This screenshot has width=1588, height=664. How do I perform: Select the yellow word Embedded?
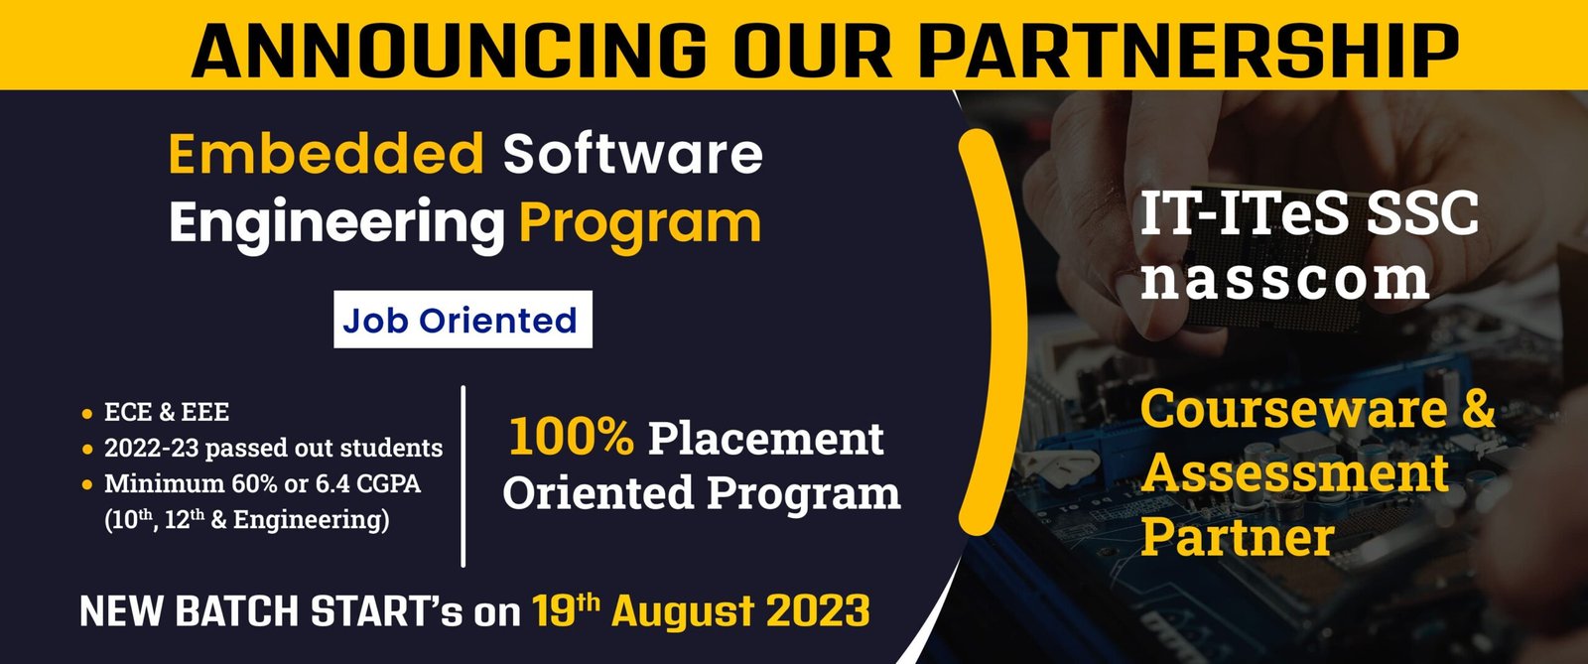(327, 154)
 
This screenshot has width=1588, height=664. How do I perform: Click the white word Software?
(632, 154)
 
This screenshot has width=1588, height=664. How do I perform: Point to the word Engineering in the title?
(336, 223)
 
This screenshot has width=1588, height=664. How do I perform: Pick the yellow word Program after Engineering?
(640, 223)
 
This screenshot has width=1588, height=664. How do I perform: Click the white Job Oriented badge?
(462, 320)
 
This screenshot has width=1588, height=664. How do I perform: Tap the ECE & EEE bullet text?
(167, 412)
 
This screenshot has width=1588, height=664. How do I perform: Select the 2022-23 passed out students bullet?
(273, 448)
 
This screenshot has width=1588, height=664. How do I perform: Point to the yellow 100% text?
(571, 438)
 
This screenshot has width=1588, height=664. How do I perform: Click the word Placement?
(765, 439)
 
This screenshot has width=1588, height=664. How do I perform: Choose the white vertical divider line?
(463, 476)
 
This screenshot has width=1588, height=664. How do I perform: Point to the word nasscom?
(1285, 279)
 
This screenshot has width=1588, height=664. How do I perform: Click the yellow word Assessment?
(1294, 472)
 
